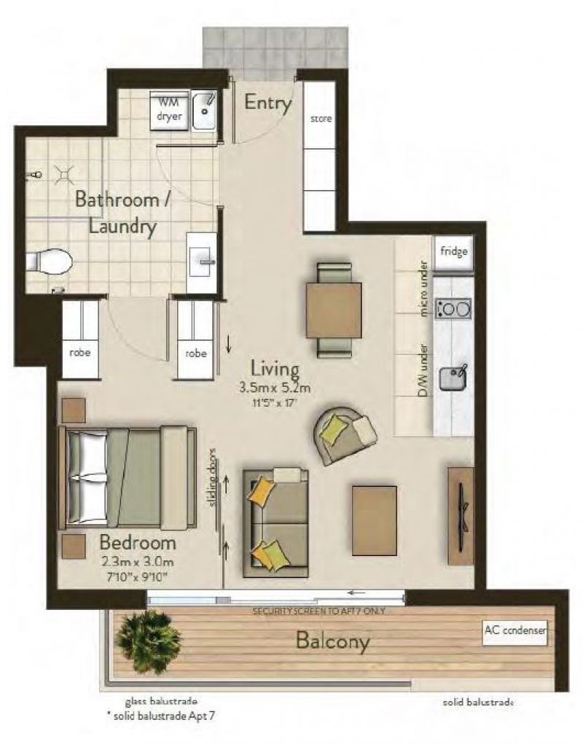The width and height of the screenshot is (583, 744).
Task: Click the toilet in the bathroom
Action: coord(48,260)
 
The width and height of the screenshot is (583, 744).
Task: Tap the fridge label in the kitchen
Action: coord(454,251)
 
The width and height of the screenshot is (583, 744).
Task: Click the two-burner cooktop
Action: coord(453,309)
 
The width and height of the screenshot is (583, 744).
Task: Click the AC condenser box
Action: coord(514,633)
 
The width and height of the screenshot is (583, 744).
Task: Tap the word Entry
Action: coord(267,103)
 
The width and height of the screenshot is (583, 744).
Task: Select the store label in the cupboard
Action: coord(321,119)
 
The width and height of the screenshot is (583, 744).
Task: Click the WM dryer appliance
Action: coord(169,111)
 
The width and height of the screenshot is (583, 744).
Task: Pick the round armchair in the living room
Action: coord(345,434)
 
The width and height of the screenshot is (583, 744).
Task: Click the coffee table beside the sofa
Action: coord(375,520)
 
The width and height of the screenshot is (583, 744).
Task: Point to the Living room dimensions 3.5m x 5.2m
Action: coord(275,388)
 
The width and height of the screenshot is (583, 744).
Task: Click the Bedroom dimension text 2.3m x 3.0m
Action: coord(138,563)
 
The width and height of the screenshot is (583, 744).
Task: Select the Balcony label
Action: coord(332,641)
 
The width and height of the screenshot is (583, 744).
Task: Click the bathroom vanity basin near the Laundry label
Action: coord(202,262)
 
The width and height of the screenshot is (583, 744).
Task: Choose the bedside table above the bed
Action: coord(73,410)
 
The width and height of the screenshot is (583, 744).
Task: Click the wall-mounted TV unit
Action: coord(461,516)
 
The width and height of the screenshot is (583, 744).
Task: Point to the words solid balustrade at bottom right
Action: coord(478,702)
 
